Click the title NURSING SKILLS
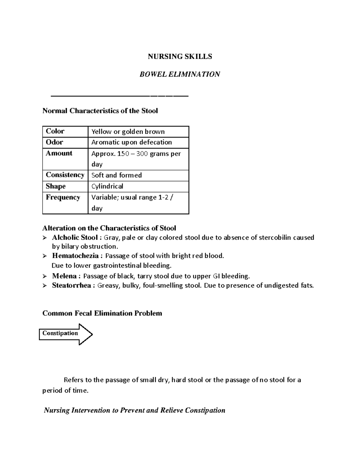[x=180, y=56]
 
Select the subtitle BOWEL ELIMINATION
[x=180, y=74]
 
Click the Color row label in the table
[x=55, y=131]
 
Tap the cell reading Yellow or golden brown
[x=128, y=131]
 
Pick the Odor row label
[x=54, y=142]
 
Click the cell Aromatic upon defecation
[x=131, y=142]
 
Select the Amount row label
[x=59, y=153]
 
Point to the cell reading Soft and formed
[x=116, y=175]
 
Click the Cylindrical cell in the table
[x=107, y=186]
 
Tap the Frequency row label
[x=63, y=197]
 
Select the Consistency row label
[x=65, y=175]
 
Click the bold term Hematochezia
[x=75, y=256]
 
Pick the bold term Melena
[x=64, y=276]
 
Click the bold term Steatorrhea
[x=71, y=285]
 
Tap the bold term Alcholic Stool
[x=75, y=238]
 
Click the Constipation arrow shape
[x=65, y=334]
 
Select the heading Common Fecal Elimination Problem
[x=102, y=313]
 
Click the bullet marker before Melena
[x=45, y=276]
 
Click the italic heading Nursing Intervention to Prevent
[x=134, y=410]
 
